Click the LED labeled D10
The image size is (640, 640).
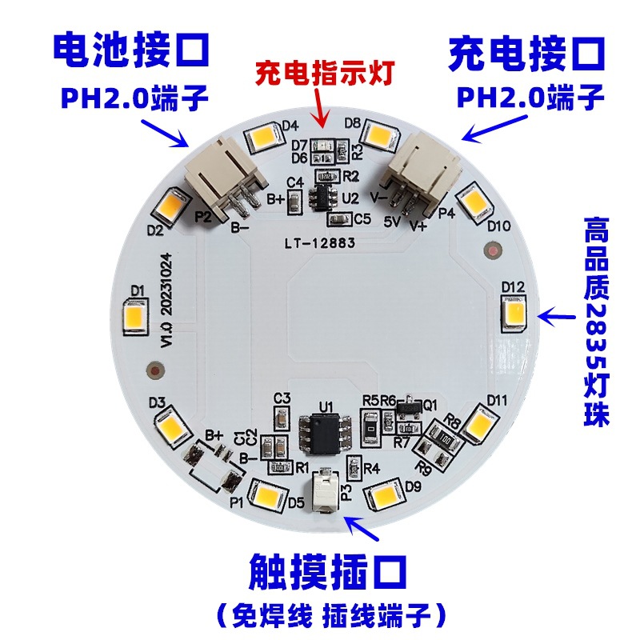click(x=474, y=201)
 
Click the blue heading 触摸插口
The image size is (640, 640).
click(x=327, y=574)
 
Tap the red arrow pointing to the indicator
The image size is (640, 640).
click(x=322, y=109)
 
